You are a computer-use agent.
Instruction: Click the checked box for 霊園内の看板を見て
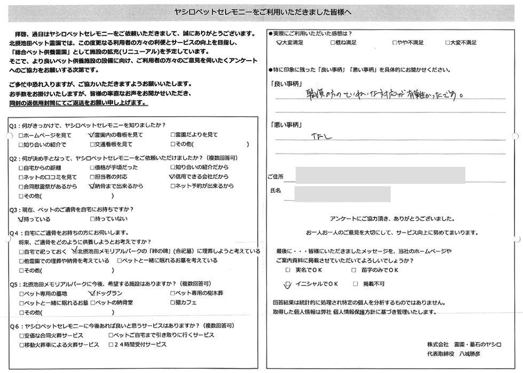91,135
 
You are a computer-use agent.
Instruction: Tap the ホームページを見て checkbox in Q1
20,135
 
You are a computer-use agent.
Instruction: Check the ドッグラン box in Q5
91,293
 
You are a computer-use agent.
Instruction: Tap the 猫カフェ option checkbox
172,303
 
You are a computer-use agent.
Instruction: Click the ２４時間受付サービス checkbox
110,345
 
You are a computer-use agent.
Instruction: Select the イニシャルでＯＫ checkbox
289,284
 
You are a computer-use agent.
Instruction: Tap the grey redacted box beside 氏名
342,194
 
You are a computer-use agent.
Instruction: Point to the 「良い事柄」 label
287,84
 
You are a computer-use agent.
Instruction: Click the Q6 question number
14,325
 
